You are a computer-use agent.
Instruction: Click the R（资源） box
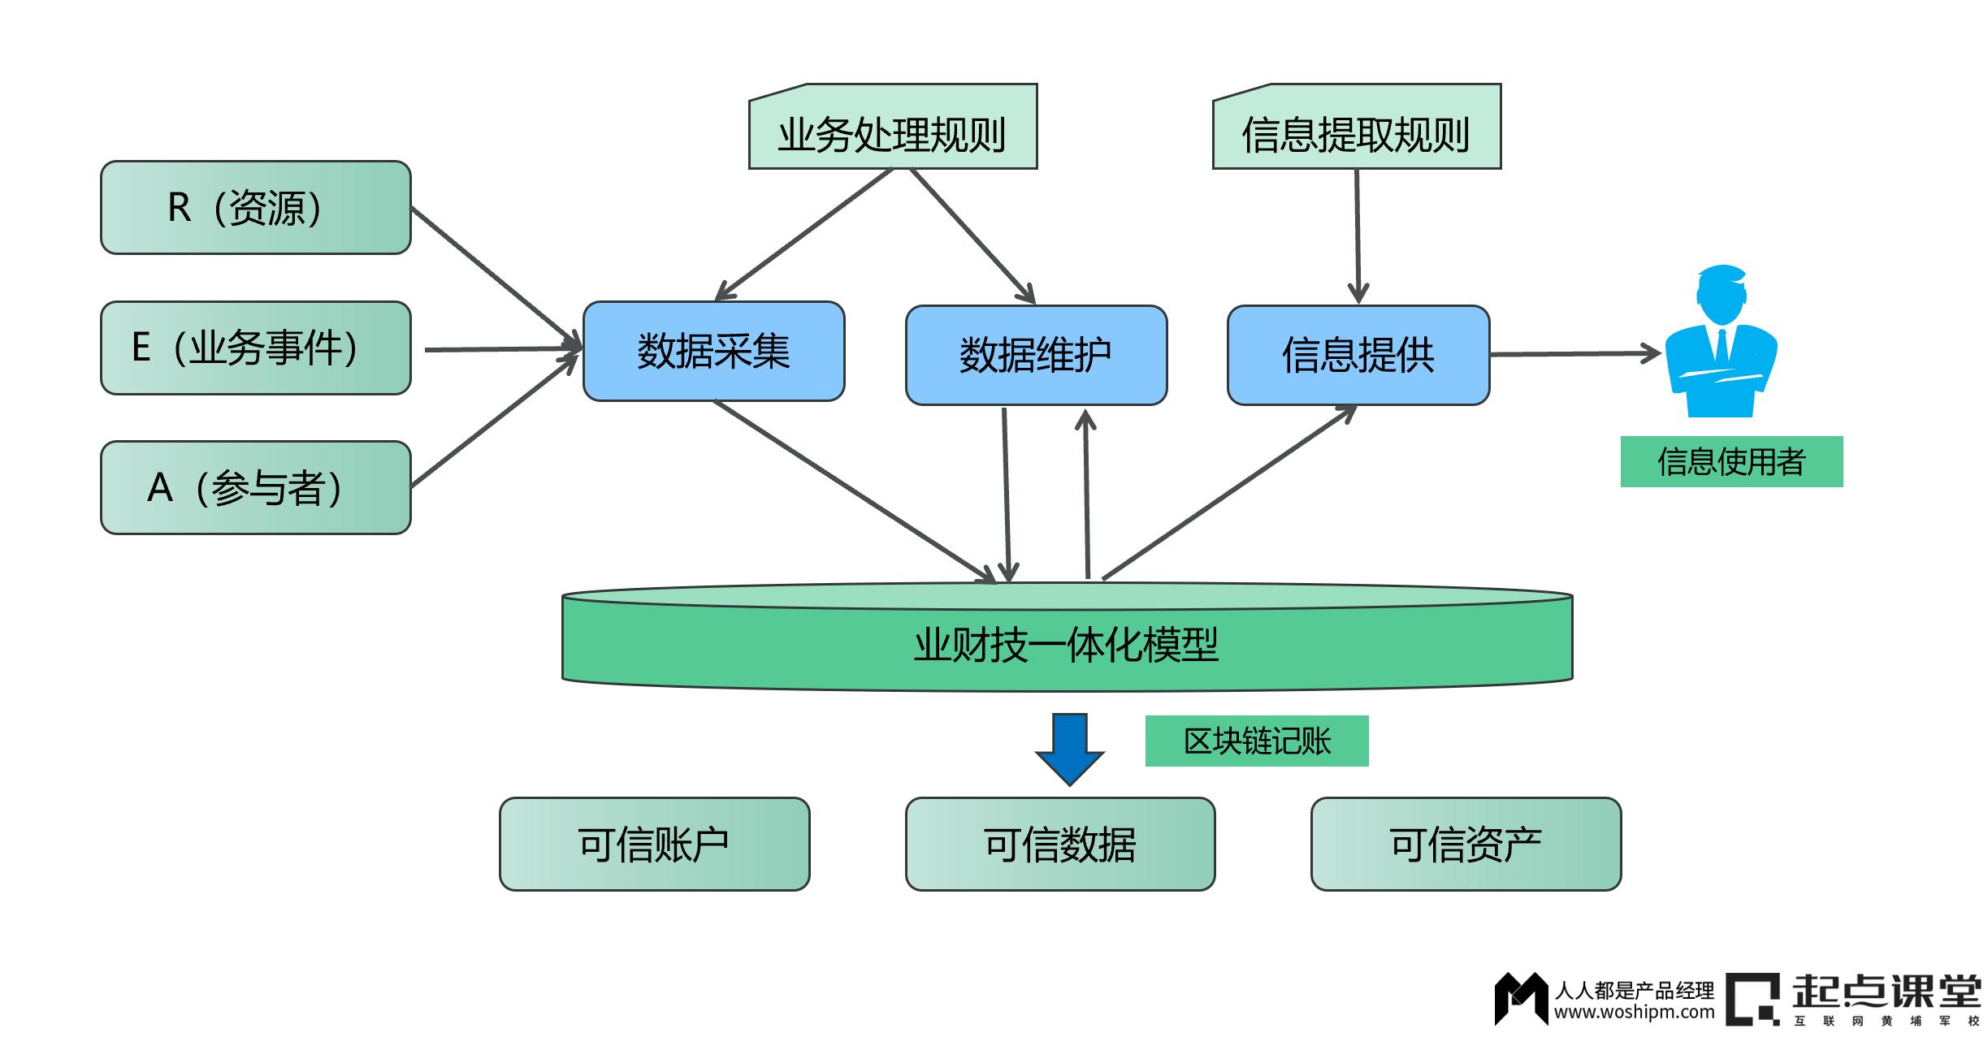255,207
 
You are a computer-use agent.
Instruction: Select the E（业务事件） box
255,348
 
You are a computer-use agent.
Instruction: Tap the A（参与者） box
255,487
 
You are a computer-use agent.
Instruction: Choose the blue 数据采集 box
713,351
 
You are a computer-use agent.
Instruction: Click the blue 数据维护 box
1036,355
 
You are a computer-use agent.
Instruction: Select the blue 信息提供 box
1358,355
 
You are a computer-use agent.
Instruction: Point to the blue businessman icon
1721,345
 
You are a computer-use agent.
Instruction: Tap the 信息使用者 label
1731,461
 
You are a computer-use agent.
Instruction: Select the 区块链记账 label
1256,741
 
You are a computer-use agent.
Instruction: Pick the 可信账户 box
654,844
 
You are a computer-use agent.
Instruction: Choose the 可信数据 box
1059,844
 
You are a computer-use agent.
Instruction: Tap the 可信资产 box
1466,844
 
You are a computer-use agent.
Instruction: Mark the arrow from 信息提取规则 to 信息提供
1358,235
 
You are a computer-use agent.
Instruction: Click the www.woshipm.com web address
1634,1013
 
